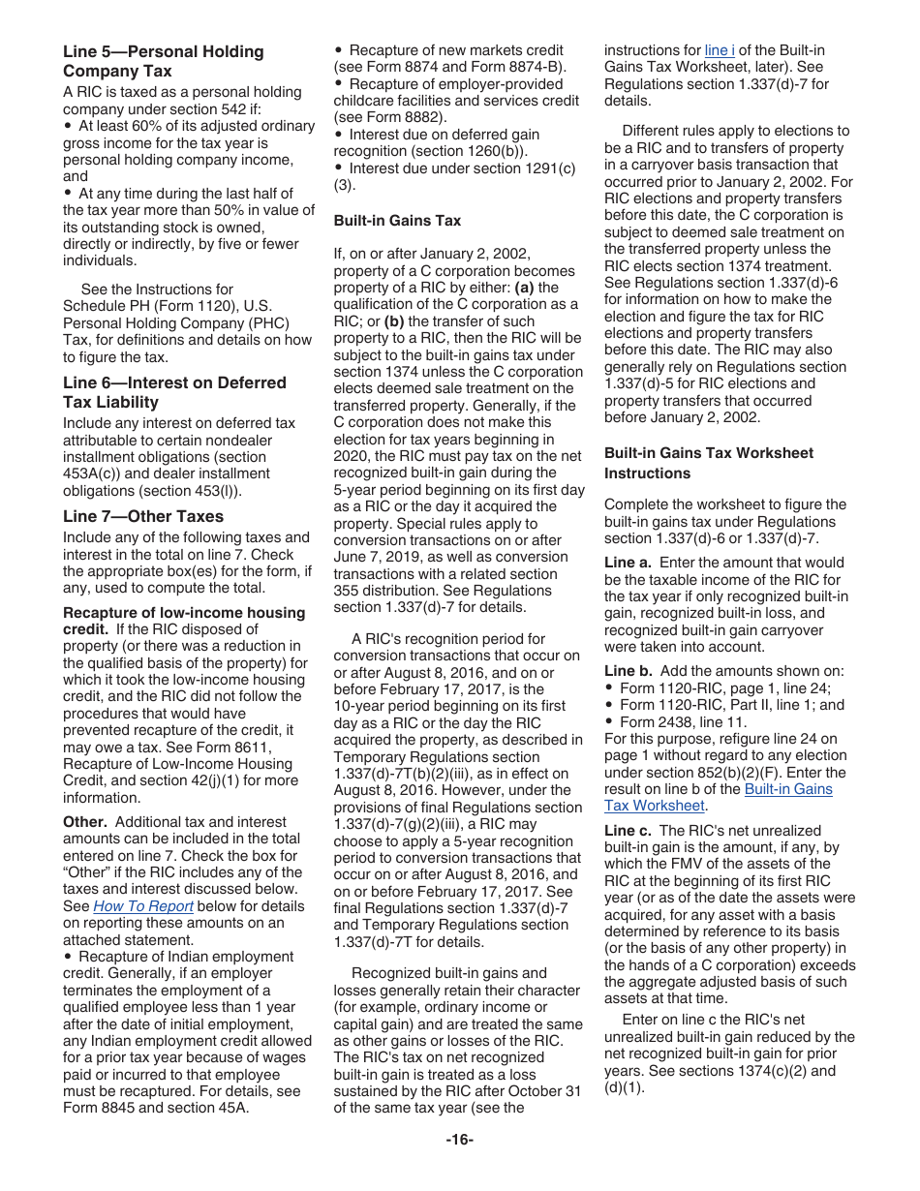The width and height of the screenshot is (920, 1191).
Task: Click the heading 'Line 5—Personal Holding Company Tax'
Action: pos(163,61)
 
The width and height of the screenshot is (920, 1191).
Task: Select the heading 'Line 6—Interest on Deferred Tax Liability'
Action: pos(174,392)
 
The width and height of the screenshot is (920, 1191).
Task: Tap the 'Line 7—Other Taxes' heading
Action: pos(142,516)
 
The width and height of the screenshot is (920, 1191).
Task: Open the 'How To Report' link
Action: pos(143,906)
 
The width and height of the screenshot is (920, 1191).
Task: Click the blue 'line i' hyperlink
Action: pos(720,50)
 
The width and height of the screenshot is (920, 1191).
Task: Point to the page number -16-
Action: pos(459,1140)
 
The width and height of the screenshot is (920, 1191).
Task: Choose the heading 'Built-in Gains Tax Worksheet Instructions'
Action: pos(708,463)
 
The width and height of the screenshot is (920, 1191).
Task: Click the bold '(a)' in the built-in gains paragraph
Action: pos(524,288)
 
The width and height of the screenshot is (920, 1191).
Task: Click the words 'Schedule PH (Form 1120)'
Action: pos(142,306)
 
